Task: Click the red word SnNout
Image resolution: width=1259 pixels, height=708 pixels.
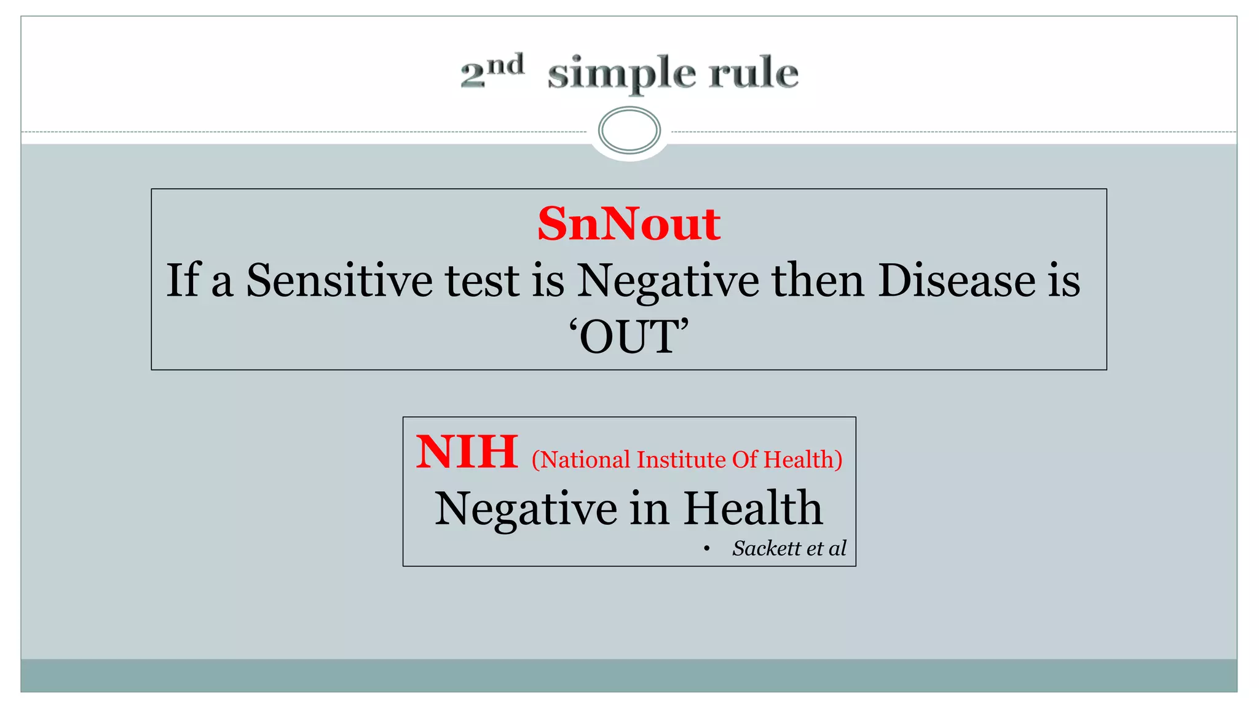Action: tap(629, 224)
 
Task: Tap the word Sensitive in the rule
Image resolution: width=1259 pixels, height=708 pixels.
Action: tap(340, 280)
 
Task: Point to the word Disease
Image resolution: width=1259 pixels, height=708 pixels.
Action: tap(957, 280)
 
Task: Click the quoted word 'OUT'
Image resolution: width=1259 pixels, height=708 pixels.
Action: tap(628, 337)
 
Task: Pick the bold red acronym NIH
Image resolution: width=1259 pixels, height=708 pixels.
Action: tap(467, 452)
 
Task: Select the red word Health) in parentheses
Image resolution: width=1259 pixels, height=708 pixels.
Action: tap(803, 460)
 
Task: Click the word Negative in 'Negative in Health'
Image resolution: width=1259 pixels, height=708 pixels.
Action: tap(526, 509)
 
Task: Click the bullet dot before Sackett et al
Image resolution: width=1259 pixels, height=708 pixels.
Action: tap(707, 548)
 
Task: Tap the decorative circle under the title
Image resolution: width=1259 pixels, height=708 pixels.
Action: tap(629, 130)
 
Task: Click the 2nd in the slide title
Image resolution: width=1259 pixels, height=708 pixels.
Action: tap(492, 71)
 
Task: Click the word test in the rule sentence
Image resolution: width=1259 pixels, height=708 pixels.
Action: tap(482, 280)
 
